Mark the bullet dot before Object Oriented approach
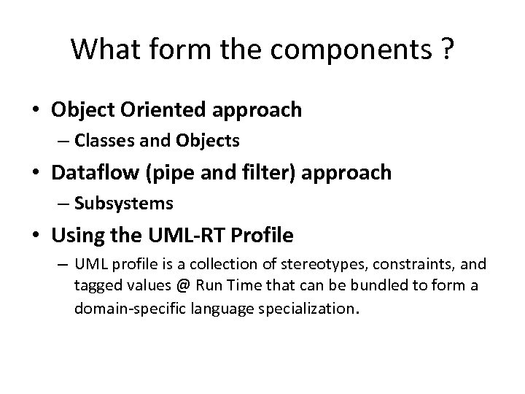(x=36, y=111)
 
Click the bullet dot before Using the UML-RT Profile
(x=36, y=236)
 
